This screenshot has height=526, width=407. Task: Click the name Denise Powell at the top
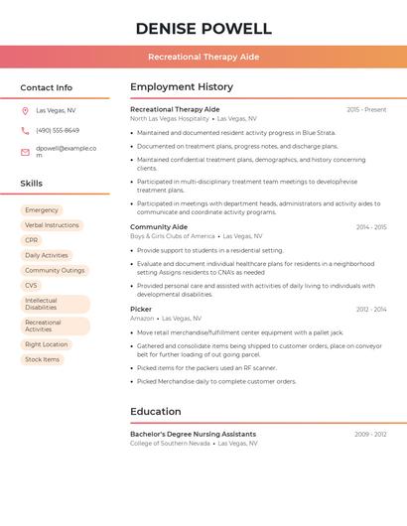pyautogui.click(x=203, y=28)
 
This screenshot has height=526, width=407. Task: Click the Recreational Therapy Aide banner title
pyautogui.click(x=203, y=57)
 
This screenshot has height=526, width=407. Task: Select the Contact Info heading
pyautogui.click(x=47, y=87)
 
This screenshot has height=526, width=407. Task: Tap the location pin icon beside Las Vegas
pyautogui.click(x=25, y=111)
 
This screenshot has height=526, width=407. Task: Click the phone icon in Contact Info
pyautogui.click(x=25, y=131)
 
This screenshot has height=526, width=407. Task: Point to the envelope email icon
pyautogui.click(x=25, y=152)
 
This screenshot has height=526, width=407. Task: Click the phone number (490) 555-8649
pyautogui.click(x=58, y=131)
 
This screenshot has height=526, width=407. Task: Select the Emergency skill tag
pyautogui.click(x=42, y=210)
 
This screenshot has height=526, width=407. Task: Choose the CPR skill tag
pyautogui.click(x=32, y=240)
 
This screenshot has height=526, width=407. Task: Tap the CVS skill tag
pyautogui.click(x=32, y=285)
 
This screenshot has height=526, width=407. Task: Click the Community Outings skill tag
pyautogui.click(x=55, y=270)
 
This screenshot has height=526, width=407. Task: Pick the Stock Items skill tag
pyautogui.click(x=42, y=359)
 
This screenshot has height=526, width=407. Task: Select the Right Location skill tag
pyautogui.click(x=47, y=344)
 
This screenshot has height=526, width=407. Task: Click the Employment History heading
pyautogui.click(x=182, y=87)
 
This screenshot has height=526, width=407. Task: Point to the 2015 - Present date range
pyautogui.click(x=366, y=109)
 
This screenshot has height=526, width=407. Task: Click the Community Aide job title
pyautogui.click(x=159, y=227)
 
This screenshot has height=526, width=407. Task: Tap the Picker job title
pyautogui.click(x=141, y=310)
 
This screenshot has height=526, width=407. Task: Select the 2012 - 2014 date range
pyautogui.click(x=371, y=310)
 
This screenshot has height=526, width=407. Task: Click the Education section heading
pyautogui.click(x=156, y=412)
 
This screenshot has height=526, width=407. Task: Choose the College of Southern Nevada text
pyautogui.click(x=170, y=443)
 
